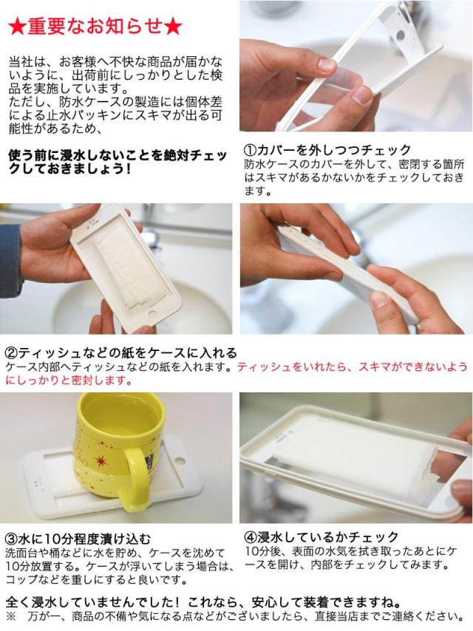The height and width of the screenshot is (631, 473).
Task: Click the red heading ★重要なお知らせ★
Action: pyautogui.click(x=95, y=27)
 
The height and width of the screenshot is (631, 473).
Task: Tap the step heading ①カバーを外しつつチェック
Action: pyautogui.click(x=327, y=150)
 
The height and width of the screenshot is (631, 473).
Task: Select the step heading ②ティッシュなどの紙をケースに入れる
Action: pyautogui.click(x=121, y=353)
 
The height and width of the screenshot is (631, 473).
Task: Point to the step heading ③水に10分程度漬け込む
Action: pyautogui.click(x=78, y=539)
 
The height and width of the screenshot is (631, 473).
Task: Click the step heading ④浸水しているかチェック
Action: pyautogui.click(x=321, y=537)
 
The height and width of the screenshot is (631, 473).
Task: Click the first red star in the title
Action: pyautogui.click(x=17, y=27)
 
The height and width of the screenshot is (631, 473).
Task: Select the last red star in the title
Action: pyautogui.click(x=174, y=27)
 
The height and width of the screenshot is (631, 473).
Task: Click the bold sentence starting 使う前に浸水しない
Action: pyautogui.click(x=118, y=161)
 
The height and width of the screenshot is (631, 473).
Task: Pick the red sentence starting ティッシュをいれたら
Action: pyautogui.click(x=236, y=373)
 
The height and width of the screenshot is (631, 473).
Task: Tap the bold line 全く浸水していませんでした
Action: pyautogui.click(x=204, y=602)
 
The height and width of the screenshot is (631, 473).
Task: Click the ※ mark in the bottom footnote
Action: pyautogui.click(x=10, y=616)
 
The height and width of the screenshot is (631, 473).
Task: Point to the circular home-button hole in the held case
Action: pyautogui.click(x=154, y=314)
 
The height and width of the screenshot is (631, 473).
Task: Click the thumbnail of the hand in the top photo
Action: pyautogui.click(x=326, y=64)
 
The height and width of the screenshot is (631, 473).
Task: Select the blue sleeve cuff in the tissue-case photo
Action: pyautogui.click(x=10, y=258)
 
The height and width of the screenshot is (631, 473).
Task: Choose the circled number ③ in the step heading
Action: pyautogui.click(x=11, y=539)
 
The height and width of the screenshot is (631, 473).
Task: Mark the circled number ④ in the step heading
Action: pyautogui.click(x=251, y=537)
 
